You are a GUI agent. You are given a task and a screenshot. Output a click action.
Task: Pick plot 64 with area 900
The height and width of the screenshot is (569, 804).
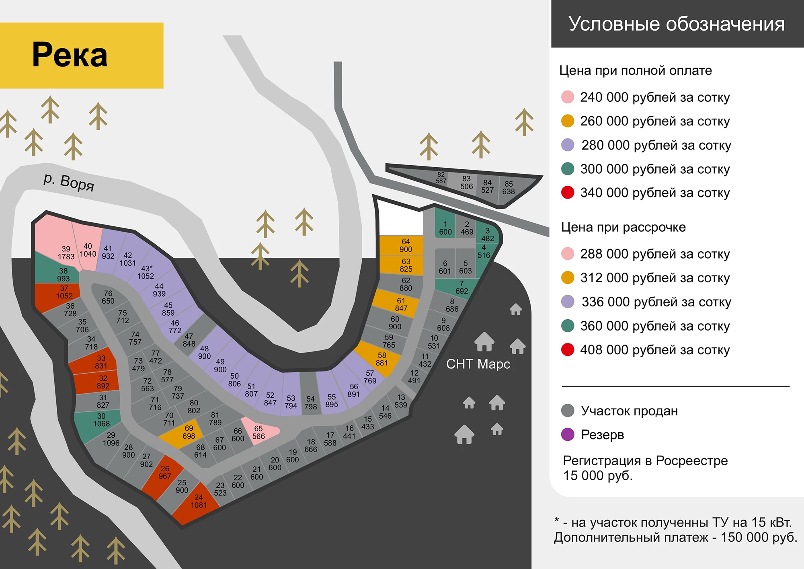pyautogui.click(x=402, y=245)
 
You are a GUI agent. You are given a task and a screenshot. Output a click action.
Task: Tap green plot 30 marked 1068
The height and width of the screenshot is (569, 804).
pyautogui.click(x=98, y=424)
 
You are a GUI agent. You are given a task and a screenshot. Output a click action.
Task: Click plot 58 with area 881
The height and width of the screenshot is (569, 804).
pyautogui.click(x=378, y=359)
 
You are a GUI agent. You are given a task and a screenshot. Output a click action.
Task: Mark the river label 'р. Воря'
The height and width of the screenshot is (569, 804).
pyautogui.click(x=69, y=182)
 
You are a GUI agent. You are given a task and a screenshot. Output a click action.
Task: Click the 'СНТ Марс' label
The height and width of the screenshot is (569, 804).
pyautogui.click(x=478, y=364)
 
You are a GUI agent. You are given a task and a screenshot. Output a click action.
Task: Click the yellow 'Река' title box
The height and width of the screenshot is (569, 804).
pyautogui.click(x=82, y=55)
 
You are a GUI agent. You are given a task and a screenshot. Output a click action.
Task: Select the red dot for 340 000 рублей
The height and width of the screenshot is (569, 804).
pyautogui.click(x=568, y=193)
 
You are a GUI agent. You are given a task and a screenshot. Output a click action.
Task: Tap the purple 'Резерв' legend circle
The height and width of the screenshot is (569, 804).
pyautogui.click(x=568, y=434)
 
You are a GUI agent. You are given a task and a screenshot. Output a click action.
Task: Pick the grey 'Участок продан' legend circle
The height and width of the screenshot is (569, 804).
pyautogui.click(x=568, y=411)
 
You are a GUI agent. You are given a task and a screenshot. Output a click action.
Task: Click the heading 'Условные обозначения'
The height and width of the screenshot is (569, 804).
pyautogui.click(x=677, y=24)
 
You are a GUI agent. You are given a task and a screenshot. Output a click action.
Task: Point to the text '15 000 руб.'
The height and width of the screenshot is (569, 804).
pyautogui.click(x=598, y=476)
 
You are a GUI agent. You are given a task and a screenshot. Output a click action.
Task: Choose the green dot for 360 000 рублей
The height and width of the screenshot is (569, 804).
pyautogui.click(x=568, y=326)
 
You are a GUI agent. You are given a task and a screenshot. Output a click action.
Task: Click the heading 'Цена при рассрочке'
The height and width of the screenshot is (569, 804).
pyautogui.click(x=624, y=227)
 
